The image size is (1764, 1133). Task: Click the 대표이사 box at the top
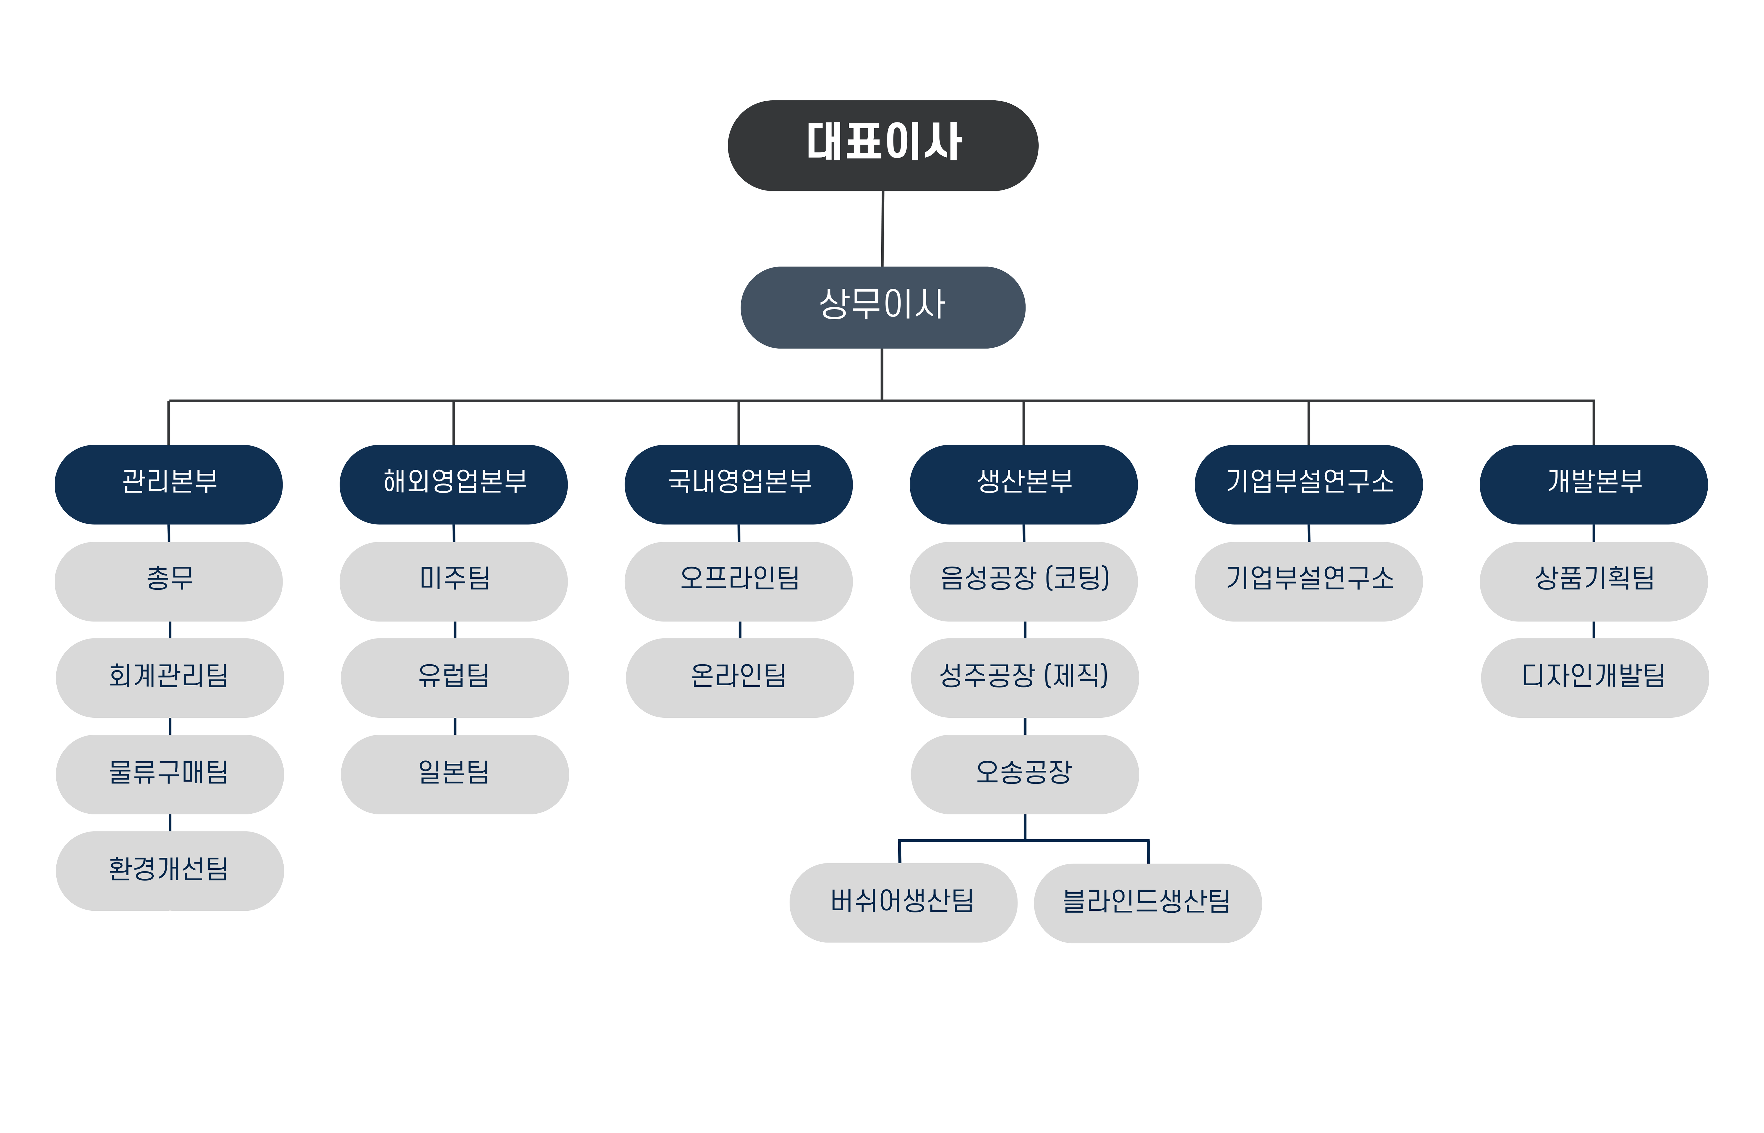[883, 146]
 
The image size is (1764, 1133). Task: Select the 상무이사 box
[883, 308]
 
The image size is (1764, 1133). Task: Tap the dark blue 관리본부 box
[168, 484]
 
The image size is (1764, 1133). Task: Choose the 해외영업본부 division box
[453, 484]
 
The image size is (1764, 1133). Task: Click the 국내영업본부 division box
[739, 484]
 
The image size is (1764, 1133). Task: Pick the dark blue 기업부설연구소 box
[1309, 484]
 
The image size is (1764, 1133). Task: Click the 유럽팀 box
[455, 678]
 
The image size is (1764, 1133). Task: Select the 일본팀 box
[455, 774]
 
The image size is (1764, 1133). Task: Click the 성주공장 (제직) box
[1025, 678]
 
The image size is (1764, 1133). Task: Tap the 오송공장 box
[1025, 774]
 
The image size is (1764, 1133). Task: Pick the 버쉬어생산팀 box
[903, 903]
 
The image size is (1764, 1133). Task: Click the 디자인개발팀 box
[1595, 678]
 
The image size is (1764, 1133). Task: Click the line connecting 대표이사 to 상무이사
[883, 229]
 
